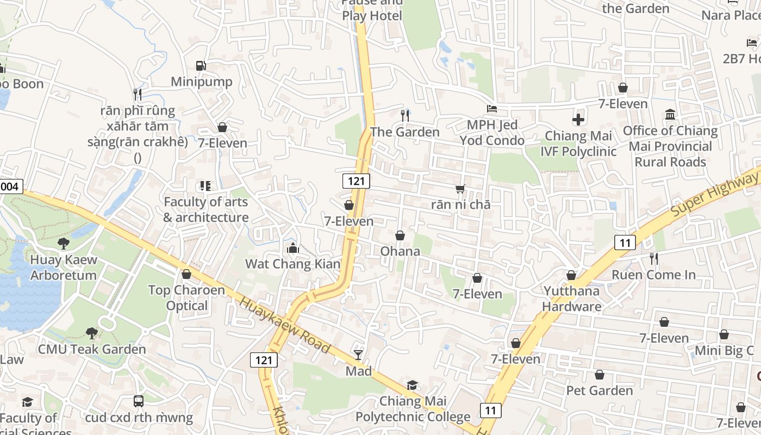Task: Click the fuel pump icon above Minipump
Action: (x=201, y=66)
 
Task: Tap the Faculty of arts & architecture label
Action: (x=206, y=209)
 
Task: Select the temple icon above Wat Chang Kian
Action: (x=293, y=248)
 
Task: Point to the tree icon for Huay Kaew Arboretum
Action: (x=64, y=243)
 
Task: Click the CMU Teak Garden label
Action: (x=92, y=349)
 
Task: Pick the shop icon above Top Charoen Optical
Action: (x=186, y=274)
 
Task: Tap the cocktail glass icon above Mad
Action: (x=358, y=355)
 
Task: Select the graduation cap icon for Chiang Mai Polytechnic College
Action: (x=413, y=386)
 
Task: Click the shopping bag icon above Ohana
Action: (x=400, y=235)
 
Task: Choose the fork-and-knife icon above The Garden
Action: (x=404, y=115)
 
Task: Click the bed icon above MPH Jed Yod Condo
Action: (x=492, y=109)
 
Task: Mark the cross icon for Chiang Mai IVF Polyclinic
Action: (x=578, y=119)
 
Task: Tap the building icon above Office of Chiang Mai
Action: (x=670, y=115)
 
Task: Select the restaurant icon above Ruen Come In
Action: (x=654, y=259)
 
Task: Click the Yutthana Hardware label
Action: (x=571, y=299)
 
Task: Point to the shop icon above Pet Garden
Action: (x=600, y=375)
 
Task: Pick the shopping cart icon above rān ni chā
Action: (x=460, y=189)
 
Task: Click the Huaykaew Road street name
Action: (x=285, y=325)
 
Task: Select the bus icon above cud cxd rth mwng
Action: (x=139, y=401)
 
